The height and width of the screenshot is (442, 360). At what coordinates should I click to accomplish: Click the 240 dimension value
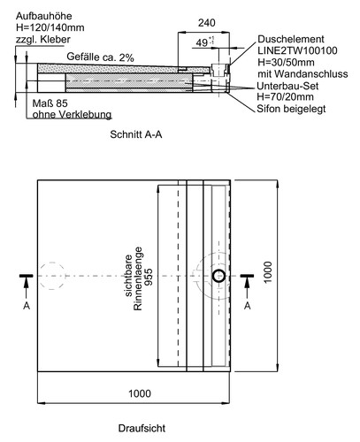pyautogui.click(x=206, y=23)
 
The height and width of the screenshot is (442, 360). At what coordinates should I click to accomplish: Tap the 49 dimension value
pyautogui.click(x=202, y=43)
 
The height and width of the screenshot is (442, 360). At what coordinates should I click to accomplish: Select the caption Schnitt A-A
pyautogui.click(x=136, y=134)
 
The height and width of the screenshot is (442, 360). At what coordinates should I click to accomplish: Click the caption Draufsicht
pyautogui.click(x=142, y=428)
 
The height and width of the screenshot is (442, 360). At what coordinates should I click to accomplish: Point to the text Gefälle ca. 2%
pyautogui.click(x=100, y=57)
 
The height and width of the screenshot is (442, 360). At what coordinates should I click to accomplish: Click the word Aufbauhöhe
pyautogui.click(x=44, y=16)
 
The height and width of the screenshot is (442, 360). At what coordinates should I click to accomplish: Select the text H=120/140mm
pyautogui.click(x=50, y=27)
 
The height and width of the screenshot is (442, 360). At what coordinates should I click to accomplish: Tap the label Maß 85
pyautogui.click(x=50, y=103)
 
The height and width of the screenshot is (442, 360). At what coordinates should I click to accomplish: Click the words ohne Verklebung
pyautogui.click(x=72, y=115)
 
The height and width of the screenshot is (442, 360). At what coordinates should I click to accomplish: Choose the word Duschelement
pyautogui.click(x=291, y=39)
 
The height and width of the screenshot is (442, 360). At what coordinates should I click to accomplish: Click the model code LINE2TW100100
pyautogui.click(x=297, y=50)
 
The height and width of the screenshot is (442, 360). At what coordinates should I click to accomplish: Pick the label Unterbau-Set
pyautogui.click(x=287, y=86)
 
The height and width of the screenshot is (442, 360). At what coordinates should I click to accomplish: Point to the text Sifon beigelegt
pyautogui.click(x=291, y=109)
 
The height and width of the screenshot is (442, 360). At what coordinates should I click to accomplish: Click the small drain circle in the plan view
pyautogui.click(x=218, y=276)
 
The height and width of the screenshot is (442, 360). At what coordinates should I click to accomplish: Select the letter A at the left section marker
pyautogui.click(x=27, y=306)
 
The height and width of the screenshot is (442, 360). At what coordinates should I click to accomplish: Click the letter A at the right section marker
pyautogui.click(x=248, y=306)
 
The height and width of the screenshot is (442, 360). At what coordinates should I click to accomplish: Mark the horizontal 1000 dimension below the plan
pyautogui.click(x=140, y=393)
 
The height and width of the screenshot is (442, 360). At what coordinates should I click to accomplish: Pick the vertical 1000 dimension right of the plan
pyautogui.click(x=267, y=272)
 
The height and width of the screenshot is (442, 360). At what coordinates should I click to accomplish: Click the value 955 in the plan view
pyautogui.click(x=149, y=277)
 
